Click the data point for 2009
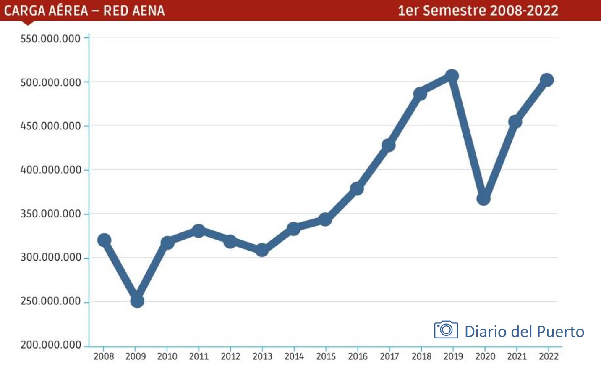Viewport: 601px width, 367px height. coord(137,301)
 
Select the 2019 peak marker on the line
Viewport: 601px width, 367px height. coord(452,76)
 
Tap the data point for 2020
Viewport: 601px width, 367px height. coord(483,198)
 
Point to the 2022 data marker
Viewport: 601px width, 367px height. coord(547,80)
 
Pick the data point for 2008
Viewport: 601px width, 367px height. coord(104,240)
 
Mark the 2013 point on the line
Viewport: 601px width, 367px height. coord(262,250)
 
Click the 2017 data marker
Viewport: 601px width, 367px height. coord(388,145)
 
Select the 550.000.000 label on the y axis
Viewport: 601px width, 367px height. coord(50,39)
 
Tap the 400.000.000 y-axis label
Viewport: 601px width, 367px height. coord(51,170)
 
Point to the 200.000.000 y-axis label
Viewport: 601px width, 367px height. coord(51,345)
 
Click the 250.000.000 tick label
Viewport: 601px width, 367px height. coord(50,301)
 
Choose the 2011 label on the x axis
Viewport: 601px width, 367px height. coord(199,356)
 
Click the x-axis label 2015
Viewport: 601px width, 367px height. coord(326,356)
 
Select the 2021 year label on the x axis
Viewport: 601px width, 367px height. coord(517,356)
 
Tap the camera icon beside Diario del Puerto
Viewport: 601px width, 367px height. coord(446,330)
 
